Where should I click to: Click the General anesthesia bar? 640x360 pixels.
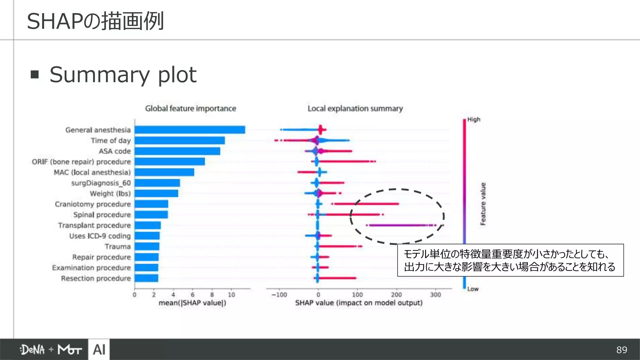(190, 130)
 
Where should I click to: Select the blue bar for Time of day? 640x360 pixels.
(180, 140)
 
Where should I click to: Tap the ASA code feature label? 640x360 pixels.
(115, 151)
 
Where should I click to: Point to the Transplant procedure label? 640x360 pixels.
(94, 225)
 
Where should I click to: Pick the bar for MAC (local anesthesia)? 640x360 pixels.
(164, 172)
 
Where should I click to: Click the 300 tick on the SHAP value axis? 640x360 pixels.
(435, 295)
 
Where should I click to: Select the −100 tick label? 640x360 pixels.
(279, 295)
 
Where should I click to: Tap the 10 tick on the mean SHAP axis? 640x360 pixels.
(231, 295)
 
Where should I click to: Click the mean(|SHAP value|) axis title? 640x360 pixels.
(192, 303)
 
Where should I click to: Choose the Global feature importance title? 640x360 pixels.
(190, 108)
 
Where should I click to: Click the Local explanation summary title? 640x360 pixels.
(355, 108)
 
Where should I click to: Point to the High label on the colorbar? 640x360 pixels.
(474, 119)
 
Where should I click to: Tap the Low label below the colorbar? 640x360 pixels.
(473, 289)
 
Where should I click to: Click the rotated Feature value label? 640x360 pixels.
(483, 204)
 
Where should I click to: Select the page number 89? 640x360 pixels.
(622, 350)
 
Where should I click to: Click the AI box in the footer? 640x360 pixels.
(99, 349)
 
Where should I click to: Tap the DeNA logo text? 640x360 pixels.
(32, 349)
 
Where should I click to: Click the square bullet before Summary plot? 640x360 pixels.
(35, 74)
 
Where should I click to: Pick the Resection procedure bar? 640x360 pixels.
(146, 278)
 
